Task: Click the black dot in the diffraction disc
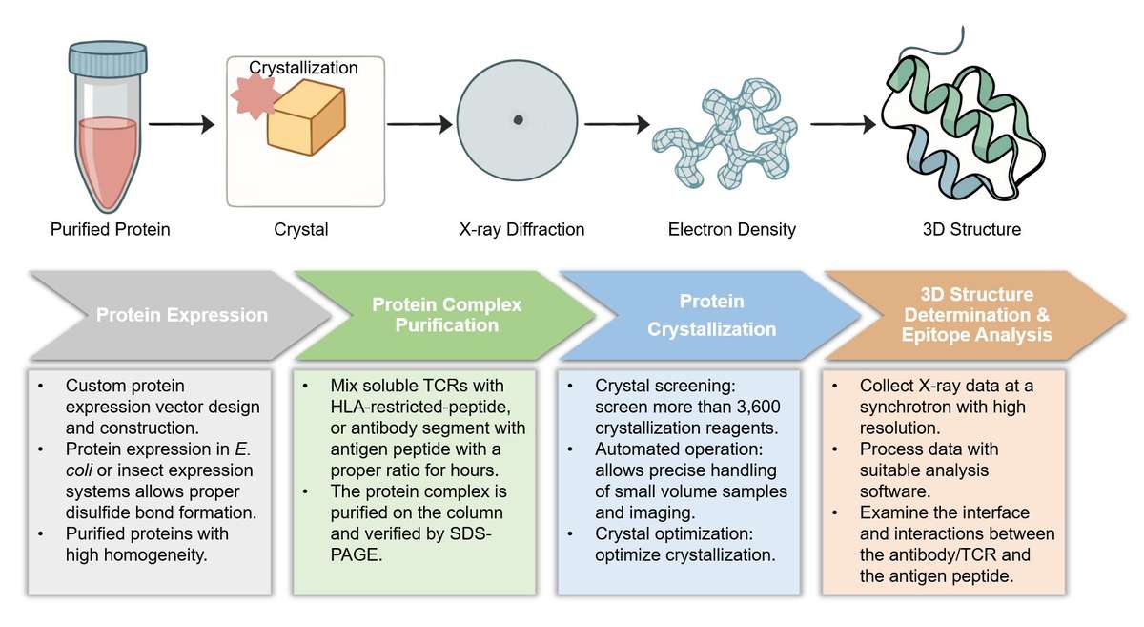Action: click(x=518, y=119)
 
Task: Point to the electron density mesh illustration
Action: click(x=724, y=134)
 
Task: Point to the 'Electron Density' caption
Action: click(x=732, y=229)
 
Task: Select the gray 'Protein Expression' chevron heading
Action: click(x=181, y=315)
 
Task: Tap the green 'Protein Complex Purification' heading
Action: click(x=446, y=315)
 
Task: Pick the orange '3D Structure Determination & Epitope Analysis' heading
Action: click(x=976, y=315)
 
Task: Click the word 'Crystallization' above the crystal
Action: click(x=303, y=68)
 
